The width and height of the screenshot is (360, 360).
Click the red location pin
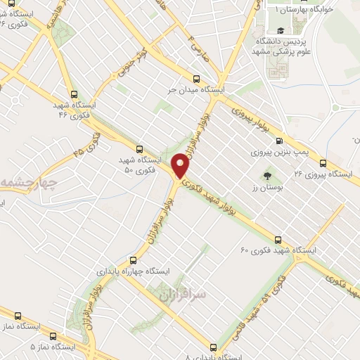pyautogui.click(x=181, y=166)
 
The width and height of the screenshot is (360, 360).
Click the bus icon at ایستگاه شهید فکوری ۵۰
pyautogui.click(x=139, y=148)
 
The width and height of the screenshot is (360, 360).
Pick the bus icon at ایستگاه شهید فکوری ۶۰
pyautogui.click(x=278, y=239)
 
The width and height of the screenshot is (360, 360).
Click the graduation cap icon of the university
pyautogui.click(x=280, y=30)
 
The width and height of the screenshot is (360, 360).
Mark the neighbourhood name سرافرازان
pyautogui.click(x=188, y=293)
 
